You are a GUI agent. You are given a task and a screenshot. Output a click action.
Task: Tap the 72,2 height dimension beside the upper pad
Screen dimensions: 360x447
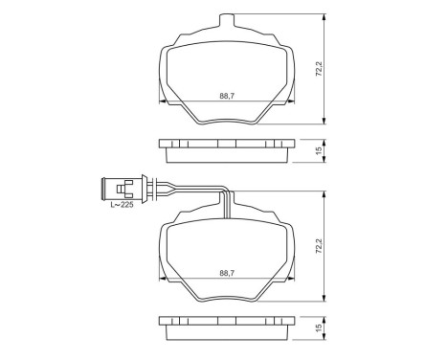pyautogui.click(x=320, y=70)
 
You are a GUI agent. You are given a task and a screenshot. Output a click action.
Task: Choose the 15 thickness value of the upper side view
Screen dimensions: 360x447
pyautogui.click(x=320, y=150)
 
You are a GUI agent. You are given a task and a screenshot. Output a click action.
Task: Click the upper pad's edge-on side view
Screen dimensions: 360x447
pyautogui.click(x=226, y=150)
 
